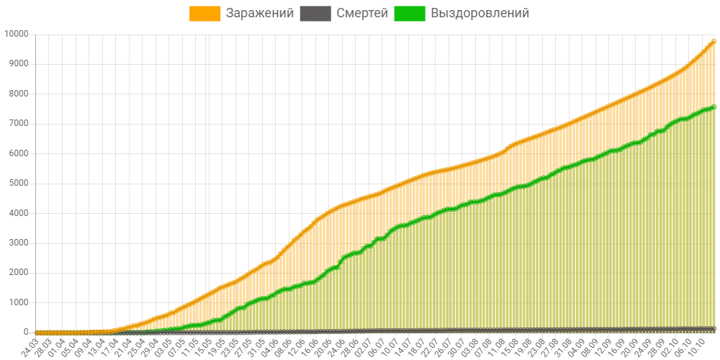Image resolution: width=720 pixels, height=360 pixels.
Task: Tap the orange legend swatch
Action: (205, 13)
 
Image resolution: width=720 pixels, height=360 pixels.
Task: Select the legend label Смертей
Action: (362, 13)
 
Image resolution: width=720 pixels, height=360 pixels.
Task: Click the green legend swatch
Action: (410, 13)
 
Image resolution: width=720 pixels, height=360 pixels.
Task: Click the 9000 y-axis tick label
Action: (17, 64)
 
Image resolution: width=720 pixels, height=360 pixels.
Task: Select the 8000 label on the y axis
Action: (17, 94)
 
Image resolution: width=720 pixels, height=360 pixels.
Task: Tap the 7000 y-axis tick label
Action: (17, 124)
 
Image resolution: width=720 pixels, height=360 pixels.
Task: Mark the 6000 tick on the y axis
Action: (17, 153)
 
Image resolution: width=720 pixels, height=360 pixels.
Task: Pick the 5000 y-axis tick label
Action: (17, 184)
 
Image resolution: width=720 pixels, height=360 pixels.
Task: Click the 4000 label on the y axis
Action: (17, 213)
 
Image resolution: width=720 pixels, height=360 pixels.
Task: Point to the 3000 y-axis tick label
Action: (17, 243)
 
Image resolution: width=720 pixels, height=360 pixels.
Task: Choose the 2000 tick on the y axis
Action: (17, 273)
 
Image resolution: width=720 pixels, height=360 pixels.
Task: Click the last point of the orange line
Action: (714, 41)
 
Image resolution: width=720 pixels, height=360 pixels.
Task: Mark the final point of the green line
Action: (714, 107)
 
